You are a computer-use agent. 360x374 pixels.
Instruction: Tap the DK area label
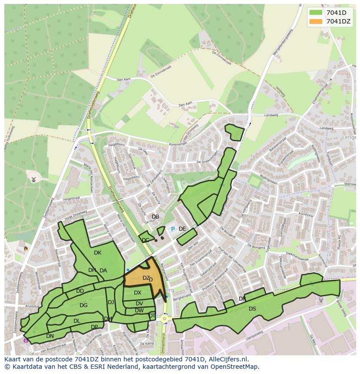[97, 253]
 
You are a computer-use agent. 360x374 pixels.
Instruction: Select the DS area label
[252, 309]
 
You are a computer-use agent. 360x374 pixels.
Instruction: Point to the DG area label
[83, 305]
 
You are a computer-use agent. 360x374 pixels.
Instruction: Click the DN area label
[50, 336]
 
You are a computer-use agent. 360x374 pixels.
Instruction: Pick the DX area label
[137, 293]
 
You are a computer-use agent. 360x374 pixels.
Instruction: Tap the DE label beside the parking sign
[182, 229]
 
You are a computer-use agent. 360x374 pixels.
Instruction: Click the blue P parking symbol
[173, 229]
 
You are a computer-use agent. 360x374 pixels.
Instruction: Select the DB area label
[155, 217]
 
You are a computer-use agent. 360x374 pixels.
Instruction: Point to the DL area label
[77, 321]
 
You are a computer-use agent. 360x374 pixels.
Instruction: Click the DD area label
[80, 291]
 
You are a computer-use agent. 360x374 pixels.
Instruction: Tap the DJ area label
[111, 302]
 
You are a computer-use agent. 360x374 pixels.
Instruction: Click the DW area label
[139, 311]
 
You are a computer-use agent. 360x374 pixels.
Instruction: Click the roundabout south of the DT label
[164, 319]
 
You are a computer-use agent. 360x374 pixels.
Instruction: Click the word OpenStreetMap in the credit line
[234, 367]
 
